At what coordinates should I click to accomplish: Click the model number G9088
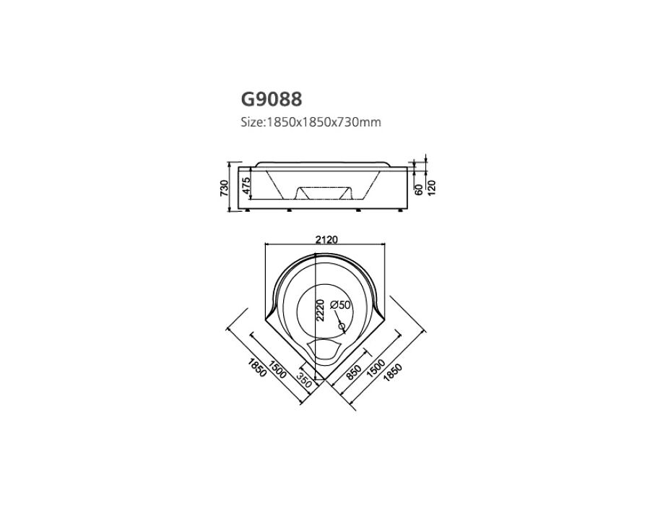click(272, 99)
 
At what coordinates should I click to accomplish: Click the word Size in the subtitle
click(251, 122)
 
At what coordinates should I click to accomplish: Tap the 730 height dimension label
click(224, 187)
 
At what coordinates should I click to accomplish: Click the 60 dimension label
click(419, 189)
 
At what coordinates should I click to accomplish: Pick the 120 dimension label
click(432, 188)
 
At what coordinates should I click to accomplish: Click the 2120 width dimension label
click(326, 239)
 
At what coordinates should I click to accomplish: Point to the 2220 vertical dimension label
click(320, 310)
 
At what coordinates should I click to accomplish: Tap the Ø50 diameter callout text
click(340, 305)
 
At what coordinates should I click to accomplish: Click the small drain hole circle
click(342, 327)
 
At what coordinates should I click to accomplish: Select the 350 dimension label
click(304, 379)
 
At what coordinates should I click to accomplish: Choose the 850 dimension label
click(354, 372)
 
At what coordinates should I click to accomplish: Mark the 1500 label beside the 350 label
click(278, 369)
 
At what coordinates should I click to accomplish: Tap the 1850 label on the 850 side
click(393, 372)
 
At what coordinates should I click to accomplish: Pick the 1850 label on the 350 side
click(256, 367)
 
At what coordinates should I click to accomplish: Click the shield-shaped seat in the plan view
click(324, 349)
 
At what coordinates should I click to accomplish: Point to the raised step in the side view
click(324, 193)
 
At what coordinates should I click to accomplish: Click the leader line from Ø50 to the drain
click(339, 319)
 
